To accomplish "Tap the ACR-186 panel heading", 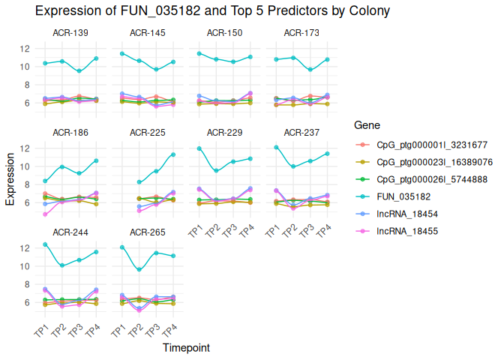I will [x=70, y=133].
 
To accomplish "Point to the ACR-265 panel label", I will [x=148, y=232].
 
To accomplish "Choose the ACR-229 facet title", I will [x=225, y=133].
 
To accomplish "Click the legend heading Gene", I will [x=367, y=124].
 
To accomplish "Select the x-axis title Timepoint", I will [x=186, y=348].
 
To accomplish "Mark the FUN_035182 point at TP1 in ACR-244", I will [x=46, y=244].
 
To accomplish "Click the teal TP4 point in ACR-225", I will [x=173, y=154].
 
